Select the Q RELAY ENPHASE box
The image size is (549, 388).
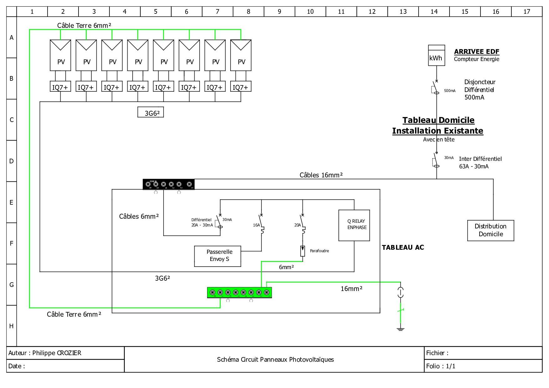pos(354,225)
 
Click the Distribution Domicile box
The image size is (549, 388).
pos(491,230)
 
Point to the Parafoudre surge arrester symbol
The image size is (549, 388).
pos(302,251)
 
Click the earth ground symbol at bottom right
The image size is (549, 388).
pos(400,328)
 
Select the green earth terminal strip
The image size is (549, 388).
pos(239,292)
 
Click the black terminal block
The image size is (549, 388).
pos(168,184)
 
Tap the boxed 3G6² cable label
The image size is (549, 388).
pos(150,112)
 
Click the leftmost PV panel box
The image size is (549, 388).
pos(60,55)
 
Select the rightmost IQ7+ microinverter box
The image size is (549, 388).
pos(241,87)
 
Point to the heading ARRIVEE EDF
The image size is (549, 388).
pos(476,51)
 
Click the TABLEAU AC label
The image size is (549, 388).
pos(403,248)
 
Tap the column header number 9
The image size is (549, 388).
pos(279,12)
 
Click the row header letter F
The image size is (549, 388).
pos(12,243)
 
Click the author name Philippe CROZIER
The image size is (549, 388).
pos(57,353)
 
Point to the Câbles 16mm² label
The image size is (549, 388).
pos(321,175)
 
